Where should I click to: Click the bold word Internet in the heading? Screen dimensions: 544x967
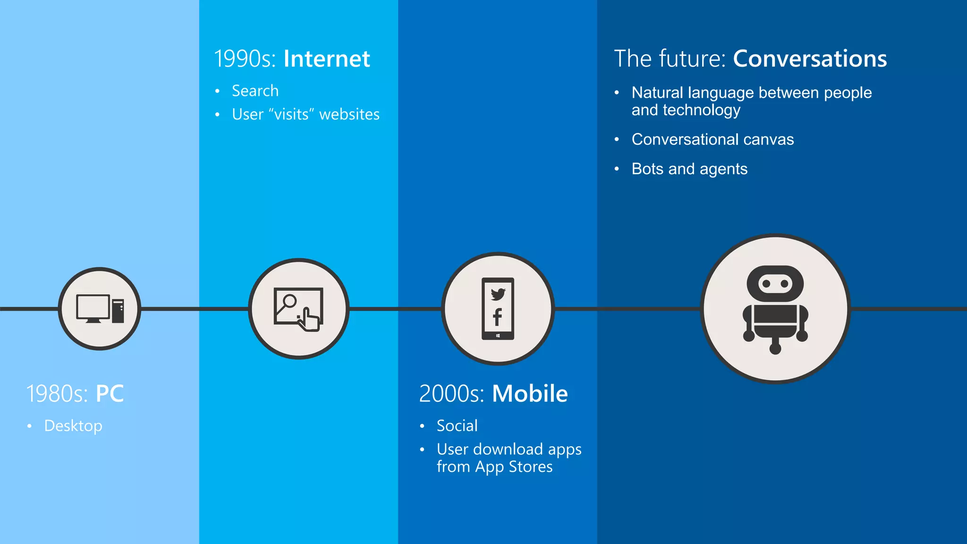(327, 59)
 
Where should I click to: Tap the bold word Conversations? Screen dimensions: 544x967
(810, 59)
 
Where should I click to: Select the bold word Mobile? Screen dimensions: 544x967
(530, 393)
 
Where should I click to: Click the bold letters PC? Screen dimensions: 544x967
(110, 393)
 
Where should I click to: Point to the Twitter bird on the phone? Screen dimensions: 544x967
(498, 294)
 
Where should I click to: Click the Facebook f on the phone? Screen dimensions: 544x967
(497, 317)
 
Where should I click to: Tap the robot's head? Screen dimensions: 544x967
(775, 283)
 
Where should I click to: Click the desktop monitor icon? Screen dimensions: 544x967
(93, 308)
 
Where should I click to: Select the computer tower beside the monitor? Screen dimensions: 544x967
(118, 311)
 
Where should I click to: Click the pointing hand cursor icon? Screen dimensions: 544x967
(309, 320)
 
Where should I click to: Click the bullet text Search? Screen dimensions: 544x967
(255, 91)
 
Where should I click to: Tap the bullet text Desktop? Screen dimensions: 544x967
(73, 426)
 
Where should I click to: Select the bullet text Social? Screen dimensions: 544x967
(457, 426)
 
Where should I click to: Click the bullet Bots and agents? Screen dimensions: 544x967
(689, 169)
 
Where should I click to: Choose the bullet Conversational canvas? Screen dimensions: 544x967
(713, 139)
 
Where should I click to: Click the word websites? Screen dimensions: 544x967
(349, 114)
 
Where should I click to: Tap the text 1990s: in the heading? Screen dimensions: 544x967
(245, 59)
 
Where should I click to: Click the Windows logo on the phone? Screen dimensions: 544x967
(498, 336)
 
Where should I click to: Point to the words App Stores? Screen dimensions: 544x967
(514, 467)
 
